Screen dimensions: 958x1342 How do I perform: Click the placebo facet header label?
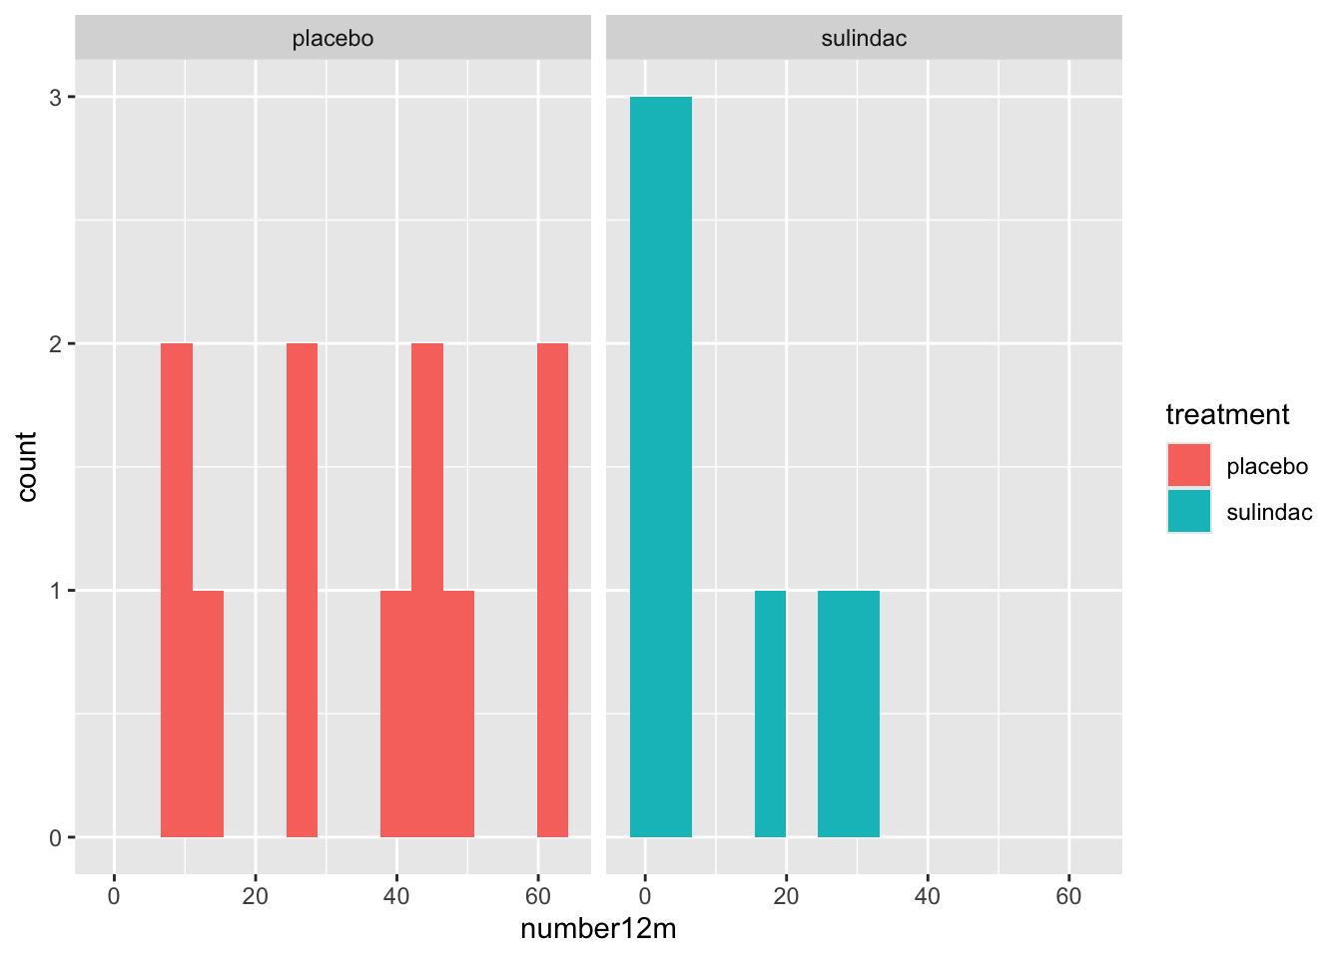point(333,39)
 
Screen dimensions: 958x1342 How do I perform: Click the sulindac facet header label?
point(864,39)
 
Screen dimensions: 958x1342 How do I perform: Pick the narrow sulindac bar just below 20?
point(770,714)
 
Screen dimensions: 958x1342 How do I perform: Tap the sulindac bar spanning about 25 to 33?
point(848,714)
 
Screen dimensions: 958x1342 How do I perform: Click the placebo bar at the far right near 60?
point(552,590)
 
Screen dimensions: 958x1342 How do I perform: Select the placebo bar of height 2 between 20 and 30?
point(302,590)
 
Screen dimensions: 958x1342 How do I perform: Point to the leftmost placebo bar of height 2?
point(177,590)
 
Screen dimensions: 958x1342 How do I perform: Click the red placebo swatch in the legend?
point(1188,466)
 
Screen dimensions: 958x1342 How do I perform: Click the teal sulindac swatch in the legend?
point(1188,512)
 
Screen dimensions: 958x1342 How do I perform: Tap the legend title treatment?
point(1227,414)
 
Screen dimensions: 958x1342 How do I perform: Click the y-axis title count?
point(27,466)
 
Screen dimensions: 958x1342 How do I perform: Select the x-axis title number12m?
point(598,929)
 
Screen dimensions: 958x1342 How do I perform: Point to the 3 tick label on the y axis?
point(56,98)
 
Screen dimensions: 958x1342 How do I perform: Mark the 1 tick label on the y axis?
point(56,591)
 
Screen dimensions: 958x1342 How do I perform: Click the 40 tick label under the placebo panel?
point(396,896)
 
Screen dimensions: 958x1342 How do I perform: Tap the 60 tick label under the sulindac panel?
point(1068,896)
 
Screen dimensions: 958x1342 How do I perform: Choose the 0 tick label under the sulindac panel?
point(645,896)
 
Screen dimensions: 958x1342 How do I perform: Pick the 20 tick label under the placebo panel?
point(255,896)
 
